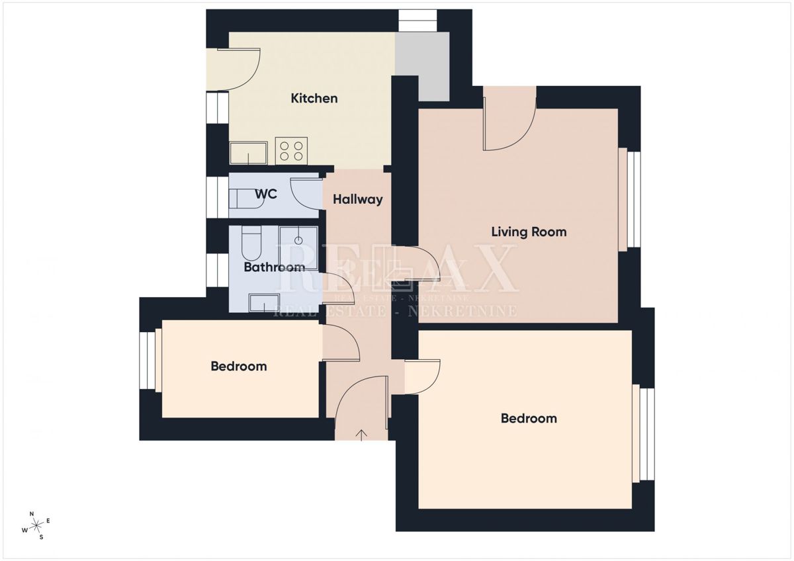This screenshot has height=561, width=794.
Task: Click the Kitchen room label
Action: pyautogui.click(x=314, y=98)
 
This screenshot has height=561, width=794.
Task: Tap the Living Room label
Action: pyautogui.click(x=529, y=232)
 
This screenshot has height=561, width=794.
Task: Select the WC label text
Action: pyautogui.click(x=266, y=194)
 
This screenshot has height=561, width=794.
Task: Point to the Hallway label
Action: pyautogui.click(x=358, y=200)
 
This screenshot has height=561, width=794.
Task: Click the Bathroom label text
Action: pyautogui.click(x=275, y=267)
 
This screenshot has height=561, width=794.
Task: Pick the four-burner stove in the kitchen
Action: pyautogui.click(x=291, y=151)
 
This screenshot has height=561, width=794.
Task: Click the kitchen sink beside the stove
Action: pyautogui.click(x=249, y=153)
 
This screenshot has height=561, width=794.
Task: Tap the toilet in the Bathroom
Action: pyautogui.click(x=251, y=243)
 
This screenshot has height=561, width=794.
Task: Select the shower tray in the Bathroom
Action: pyautogui.click(x=298, y=249)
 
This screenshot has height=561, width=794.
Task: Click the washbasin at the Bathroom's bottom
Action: pyautogui.click(x=265, y=302)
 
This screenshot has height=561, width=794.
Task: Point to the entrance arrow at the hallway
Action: pyautogui.click(x=361, y=435)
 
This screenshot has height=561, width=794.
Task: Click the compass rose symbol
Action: pyautogui.click(x=36, y=525)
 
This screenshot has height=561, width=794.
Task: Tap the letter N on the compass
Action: pyautogui.click(x=32, y=514)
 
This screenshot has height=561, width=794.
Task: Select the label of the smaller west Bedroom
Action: pyautogui.click(x=239, y=366)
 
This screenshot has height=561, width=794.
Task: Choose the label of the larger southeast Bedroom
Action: pyautogui.click(x=529, y=419)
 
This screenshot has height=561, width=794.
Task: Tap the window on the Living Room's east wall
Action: pyautogui.click(x=633, y=199)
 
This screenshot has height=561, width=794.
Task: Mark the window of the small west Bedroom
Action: pyautogui.click(x=147, y=361)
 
